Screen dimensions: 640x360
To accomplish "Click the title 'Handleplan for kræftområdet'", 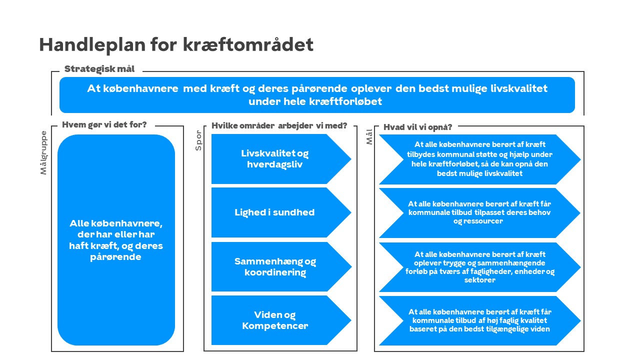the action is pyautogui.click(x=176, y=45).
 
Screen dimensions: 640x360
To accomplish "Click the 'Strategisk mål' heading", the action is pyautogui.click(x=99, y=69).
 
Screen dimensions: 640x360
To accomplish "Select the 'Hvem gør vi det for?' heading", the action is pyautogui.click(x=104, y=125).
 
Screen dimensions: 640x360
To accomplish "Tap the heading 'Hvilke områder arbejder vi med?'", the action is pyautogui.click(x=279, y=125).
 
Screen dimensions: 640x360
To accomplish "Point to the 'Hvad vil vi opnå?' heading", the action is pyautogui.click(x=417, y=127).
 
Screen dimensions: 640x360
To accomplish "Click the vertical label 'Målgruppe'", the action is pyautogui.click(x=43, y=152).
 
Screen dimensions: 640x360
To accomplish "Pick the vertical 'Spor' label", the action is pyautogui.click(x=198, y=140).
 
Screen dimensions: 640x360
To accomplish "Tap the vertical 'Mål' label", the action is pyautogui.click(x=369, y=136).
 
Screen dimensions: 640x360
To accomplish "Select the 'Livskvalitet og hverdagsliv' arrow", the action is pyautogui.click(x=281, y=159).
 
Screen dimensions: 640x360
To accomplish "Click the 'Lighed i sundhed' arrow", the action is pyautogui.click(x=281, y=212).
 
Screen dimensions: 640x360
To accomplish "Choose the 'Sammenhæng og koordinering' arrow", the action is pyautogui.click(x=281, y=266).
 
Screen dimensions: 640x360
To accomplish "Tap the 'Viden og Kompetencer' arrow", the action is pyautogui.click(x=281, y=320).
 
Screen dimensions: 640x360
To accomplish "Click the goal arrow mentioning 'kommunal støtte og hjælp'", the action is pyautogui.click(x=480, y=159).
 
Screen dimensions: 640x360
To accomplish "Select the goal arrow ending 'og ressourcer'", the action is pyautogui.click(x=480, y=213).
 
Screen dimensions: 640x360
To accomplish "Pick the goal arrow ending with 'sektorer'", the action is pyautogui.click(x=480, y=267).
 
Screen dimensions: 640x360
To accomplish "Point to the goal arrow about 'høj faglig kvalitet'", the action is pyautogui.click(x=480, y=321).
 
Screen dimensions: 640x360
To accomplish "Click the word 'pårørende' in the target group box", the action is pyautogui.click(x=115, y=257).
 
